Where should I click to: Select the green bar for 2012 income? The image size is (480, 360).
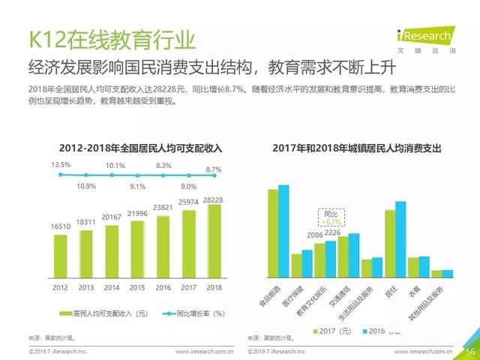point(60,256)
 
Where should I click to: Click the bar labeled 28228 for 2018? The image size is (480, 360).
point(214,240)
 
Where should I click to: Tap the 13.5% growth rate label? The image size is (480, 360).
point(61,164)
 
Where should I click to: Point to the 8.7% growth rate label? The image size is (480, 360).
point(214,170)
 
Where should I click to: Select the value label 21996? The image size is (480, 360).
point(137,214)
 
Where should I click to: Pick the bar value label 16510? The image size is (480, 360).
point(60,226)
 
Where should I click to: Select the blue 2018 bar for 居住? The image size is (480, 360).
point(400,239)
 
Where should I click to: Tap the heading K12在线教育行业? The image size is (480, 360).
point(112,38)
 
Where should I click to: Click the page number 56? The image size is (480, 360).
point(470,351)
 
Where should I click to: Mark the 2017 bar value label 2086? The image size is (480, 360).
point(316,235)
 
